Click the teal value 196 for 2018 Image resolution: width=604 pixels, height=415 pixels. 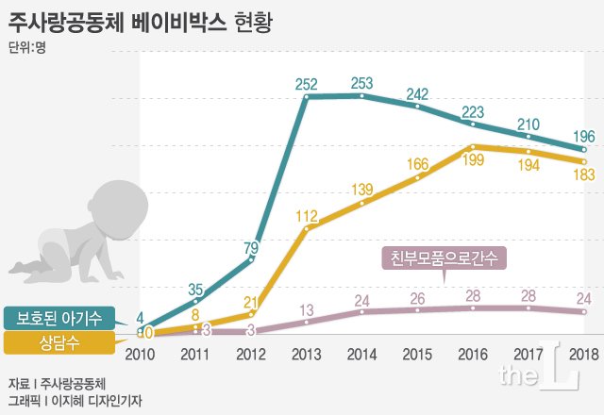click(585, 136)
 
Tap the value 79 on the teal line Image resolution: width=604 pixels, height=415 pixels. click(250, 247)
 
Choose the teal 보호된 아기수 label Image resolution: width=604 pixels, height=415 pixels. click(65, 318)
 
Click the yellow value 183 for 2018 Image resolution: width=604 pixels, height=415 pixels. click(585, 177)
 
